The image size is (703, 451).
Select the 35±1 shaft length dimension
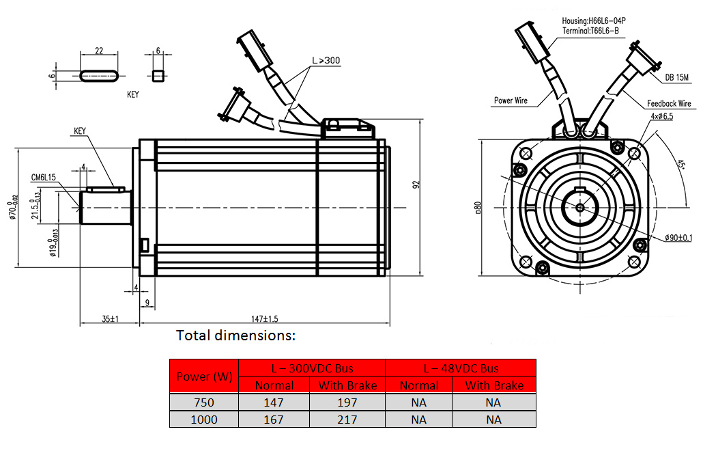coord(109,318)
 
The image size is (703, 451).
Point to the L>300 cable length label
coord(326,61)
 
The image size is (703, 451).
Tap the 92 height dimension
coord(416,185)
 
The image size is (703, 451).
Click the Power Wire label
coord(511,100)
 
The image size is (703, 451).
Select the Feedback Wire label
coord(669,104)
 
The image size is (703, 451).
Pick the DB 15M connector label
coord(677,77)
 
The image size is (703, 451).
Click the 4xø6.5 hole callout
coord(661,117)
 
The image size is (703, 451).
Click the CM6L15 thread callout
coord(43,177)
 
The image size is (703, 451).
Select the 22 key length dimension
coord(99,51)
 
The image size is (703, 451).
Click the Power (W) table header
coord(204,377)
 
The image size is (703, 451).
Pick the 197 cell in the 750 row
coord(347,402)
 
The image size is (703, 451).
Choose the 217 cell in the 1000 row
coord(347,420)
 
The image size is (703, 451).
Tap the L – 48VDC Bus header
coord(461,368)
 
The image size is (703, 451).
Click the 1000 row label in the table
coord(204,420)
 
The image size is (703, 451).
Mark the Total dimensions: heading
coord(236,336)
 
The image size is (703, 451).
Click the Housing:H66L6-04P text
coord(593,21)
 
